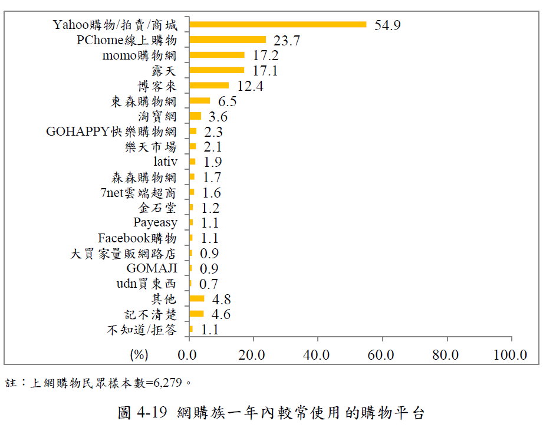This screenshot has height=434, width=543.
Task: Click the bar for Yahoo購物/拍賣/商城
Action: pos(278,25)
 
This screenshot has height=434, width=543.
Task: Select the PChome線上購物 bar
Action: pos(228,40)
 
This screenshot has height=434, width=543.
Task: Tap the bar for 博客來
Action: pos(209,86)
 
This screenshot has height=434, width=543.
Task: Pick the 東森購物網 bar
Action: pos(200,101)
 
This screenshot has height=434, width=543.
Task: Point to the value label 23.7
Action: pos(287,41)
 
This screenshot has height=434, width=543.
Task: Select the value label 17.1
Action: pos(265,71)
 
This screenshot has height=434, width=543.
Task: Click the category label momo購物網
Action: pos(139,55)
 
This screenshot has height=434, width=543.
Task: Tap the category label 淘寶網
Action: pos(157,116)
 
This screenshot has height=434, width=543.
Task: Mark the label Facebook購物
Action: pos(137,238)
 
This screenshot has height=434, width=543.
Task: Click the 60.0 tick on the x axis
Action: pos(382,355)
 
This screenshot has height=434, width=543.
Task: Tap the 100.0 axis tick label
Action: pos(510,355)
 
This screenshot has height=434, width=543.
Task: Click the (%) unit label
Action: pos(139,355)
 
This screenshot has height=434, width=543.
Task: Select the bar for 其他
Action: pos(197,298)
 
